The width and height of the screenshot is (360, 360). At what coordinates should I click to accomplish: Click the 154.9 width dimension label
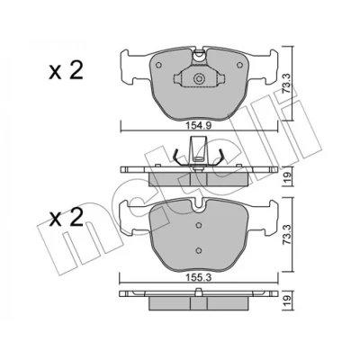[198, 126]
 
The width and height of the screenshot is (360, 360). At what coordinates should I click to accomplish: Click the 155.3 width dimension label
[198, 277]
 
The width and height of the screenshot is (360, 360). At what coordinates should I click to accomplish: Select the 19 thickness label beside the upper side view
[288, 178]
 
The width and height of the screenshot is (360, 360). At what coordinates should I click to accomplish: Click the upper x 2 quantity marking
[66, 71]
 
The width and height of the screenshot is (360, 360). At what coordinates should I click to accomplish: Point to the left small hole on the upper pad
[158, 65]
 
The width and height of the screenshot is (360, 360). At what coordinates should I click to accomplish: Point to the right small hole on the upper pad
[239, 65]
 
